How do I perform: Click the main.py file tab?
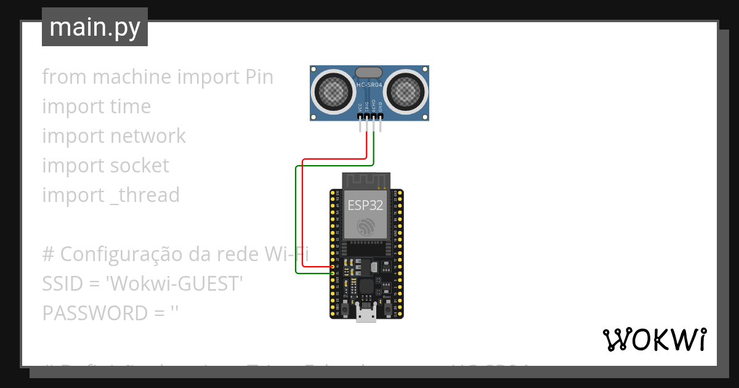pyautogui.click(x=95, y=27)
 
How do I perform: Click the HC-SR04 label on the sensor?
pyautogui.click(x=369, y=84)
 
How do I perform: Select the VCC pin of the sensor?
pyautogui.click(x=360, y=116)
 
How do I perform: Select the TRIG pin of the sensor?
pyautogui.click(x=367, y=116)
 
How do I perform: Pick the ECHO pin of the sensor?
pyautogui.click(x=374, y=116)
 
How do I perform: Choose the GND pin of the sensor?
pyautogui.click(x=381, y=116)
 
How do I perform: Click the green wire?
pyautogui.click(x=296, y=222)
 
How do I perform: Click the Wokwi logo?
pyautogui.click(x=654, y=339)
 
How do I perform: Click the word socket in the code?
pyautogui.click(x=139, y=165)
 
